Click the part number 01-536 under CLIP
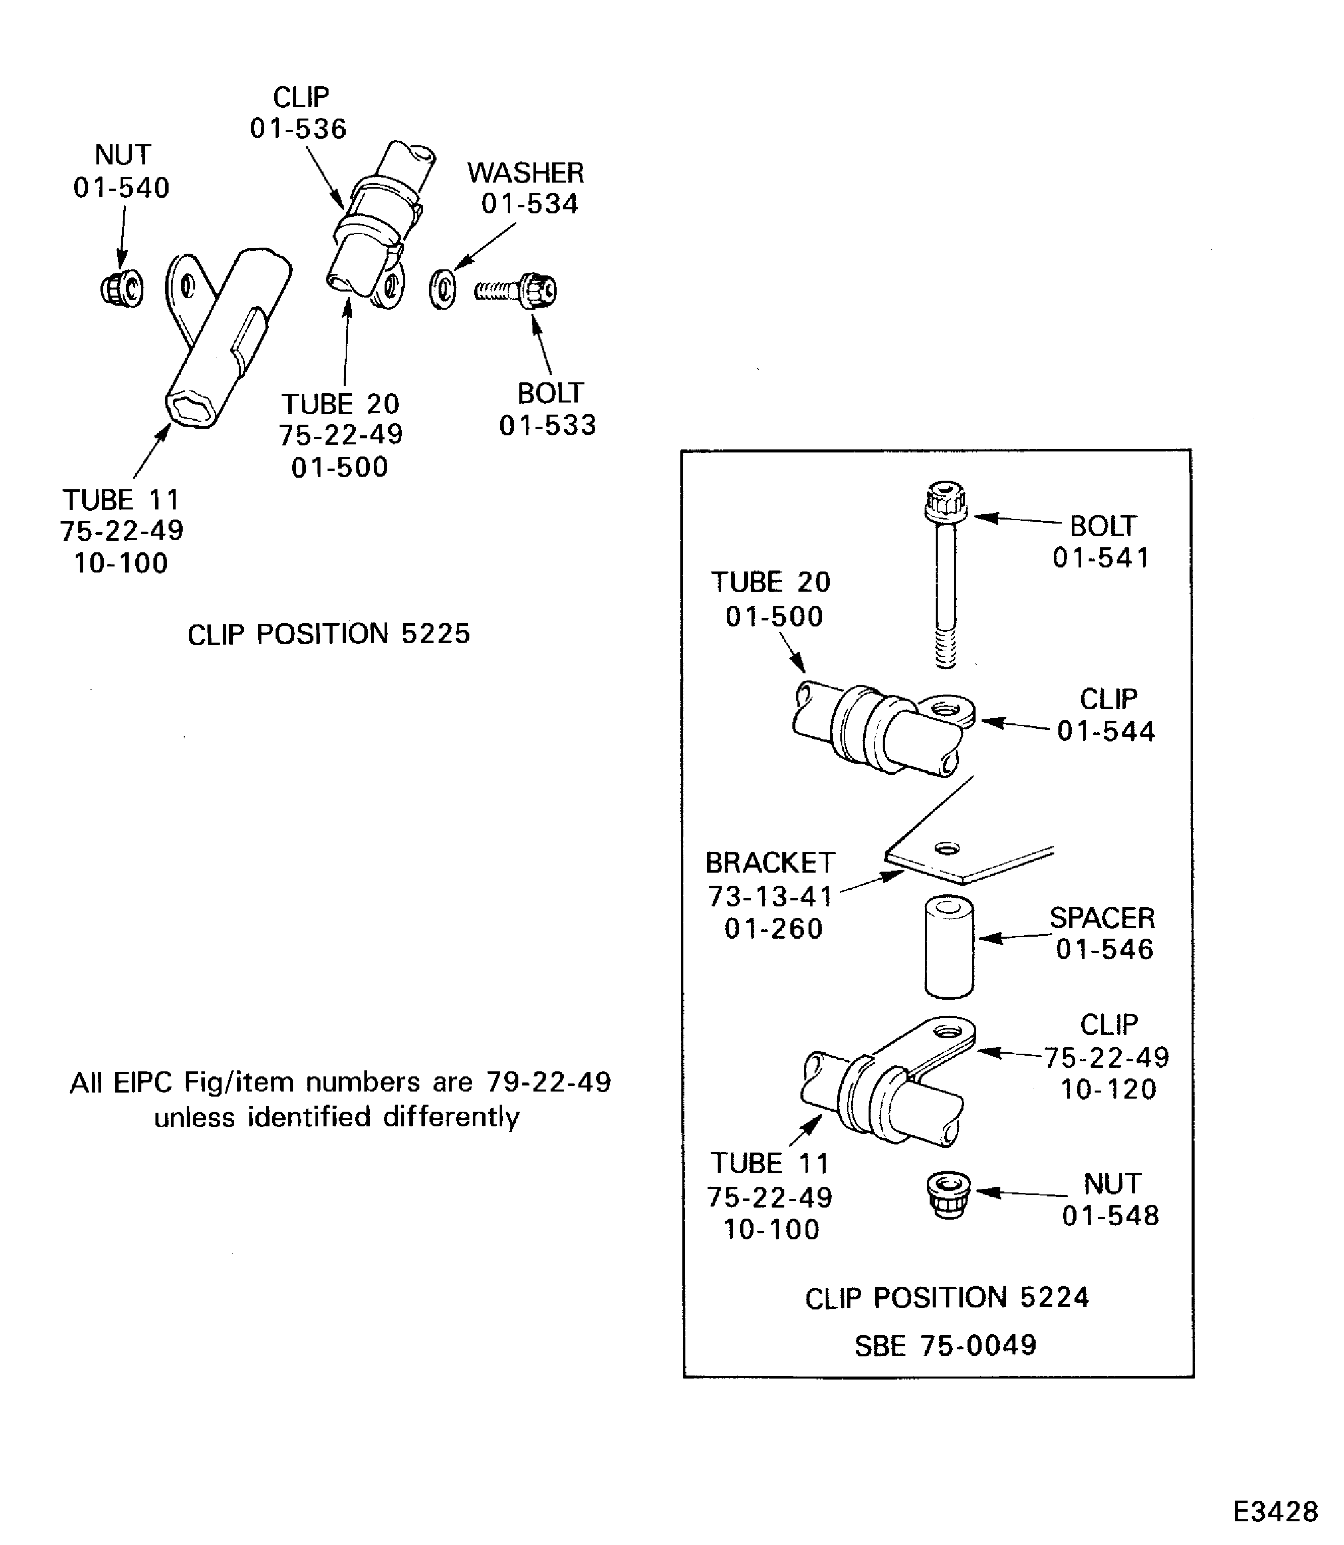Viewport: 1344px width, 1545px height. pyautogui.click(x=298, y=129)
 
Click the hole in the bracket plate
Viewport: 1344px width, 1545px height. pyautogui.click(x=947, y=848)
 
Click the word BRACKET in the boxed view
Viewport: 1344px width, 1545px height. pyautogui.click(x=770, y=863)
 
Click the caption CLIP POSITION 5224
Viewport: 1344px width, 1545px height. pyautogui.click(x=946, y=1298)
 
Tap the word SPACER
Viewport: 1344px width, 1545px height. pyautogui.click(x=1101, y=918)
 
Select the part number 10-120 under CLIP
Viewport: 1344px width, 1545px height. pyautogui.click(x=1108, y=1089)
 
